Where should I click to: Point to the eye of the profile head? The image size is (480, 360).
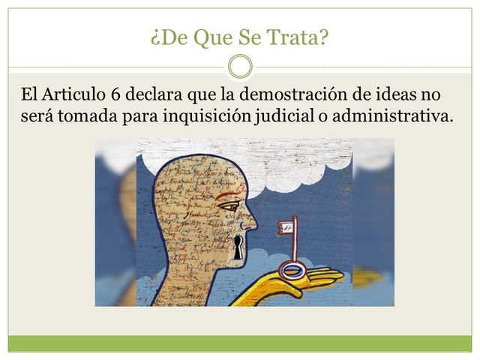(x=231, y=205)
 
